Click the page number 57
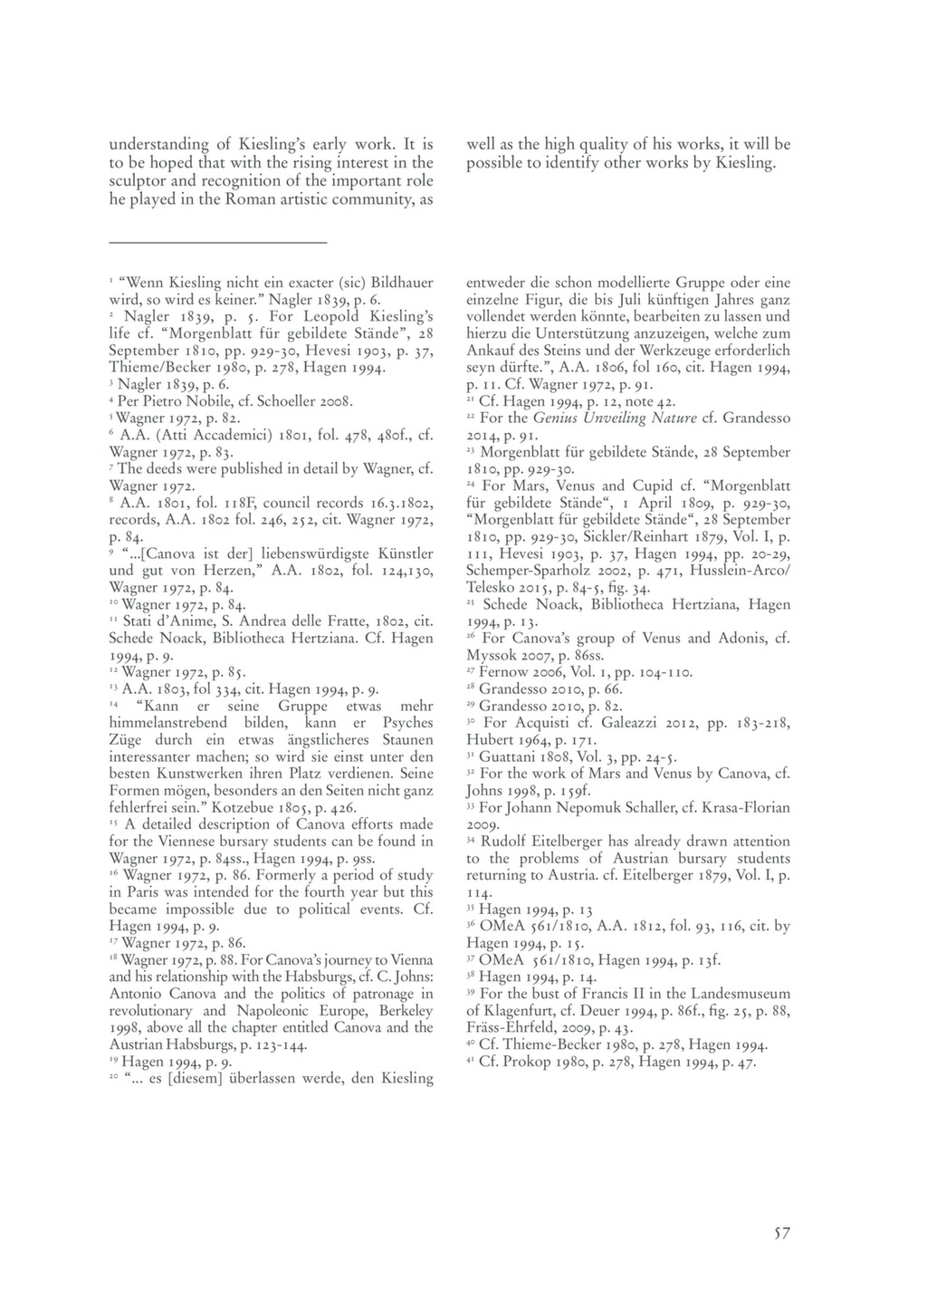[782, 1232]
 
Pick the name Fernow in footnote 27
[502, 672]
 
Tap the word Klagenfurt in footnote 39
[519, 1011]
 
